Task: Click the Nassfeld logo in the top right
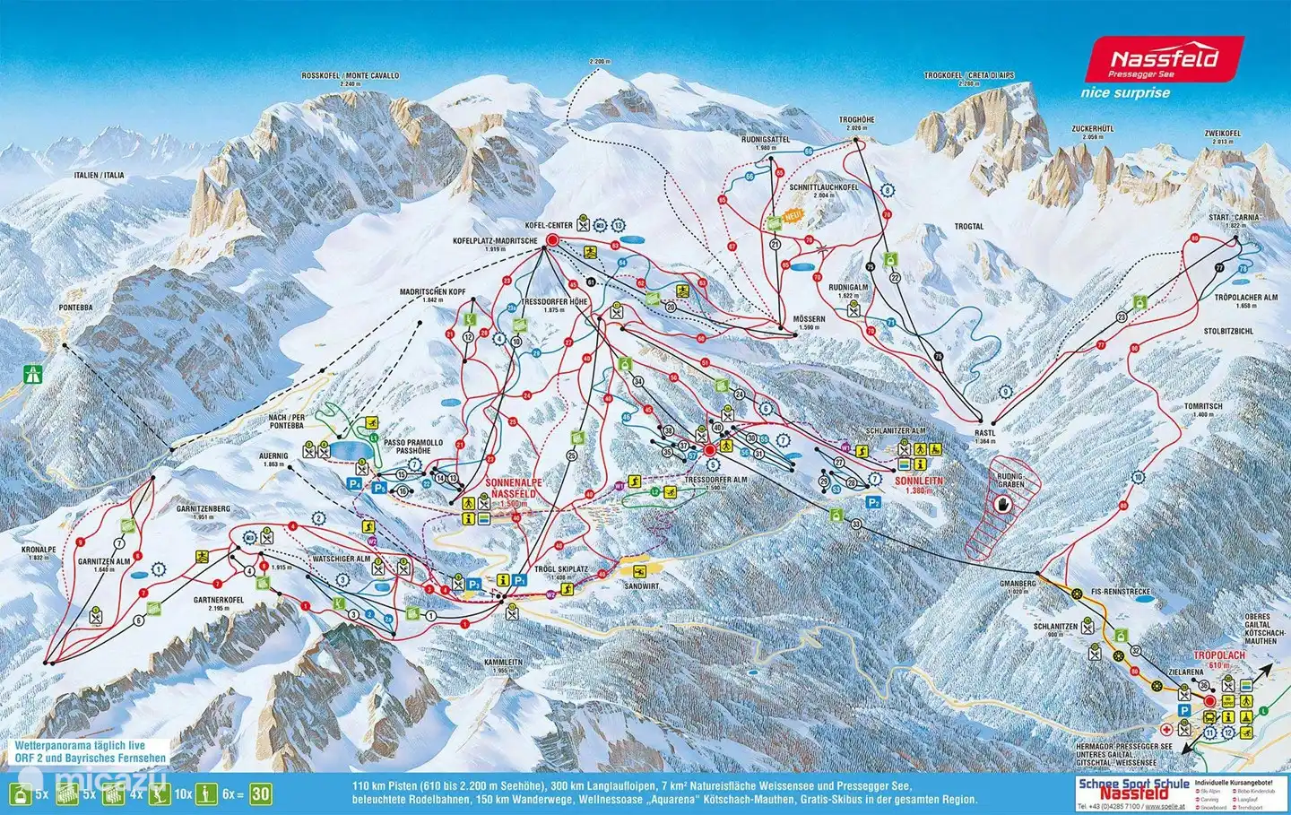point(1164,61)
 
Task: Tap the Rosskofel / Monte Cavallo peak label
point(350,79)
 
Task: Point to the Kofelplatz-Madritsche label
point(495,244)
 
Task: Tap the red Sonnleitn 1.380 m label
point(919,485)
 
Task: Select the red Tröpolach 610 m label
point(1219,659)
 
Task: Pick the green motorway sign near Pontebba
point(36,369)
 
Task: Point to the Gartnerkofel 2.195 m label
point(219,603)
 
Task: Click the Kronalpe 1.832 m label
point(39,552)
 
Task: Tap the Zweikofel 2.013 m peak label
point(1223,137)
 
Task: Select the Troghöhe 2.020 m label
point(856,123)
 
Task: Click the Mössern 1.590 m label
point(809,323)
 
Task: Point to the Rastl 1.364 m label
point(985,436)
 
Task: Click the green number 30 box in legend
point(260,793)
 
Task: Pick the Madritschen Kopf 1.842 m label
point(433,296)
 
